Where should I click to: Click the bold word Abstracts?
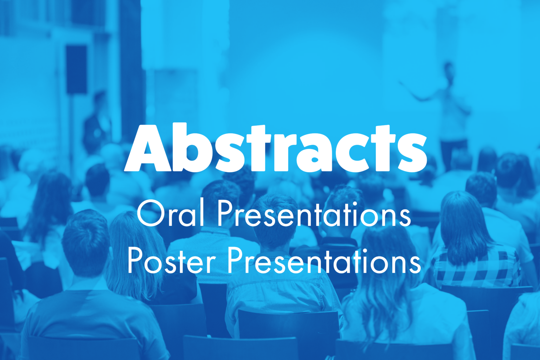pyautogui.click(x=276, y=148)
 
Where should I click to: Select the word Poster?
pyautogui.click(x=172, y=261)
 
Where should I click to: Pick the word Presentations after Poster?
pyautogui.click(x=324, y=261)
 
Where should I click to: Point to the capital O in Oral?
pyautogui.click(x=150, y=214)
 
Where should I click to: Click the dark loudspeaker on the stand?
pyautogui.click(x=76, y=70)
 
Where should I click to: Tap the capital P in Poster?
pyautogui.click(x=135, y=261)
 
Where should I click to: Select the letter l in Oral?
pyautogui.click(x=202, y=214)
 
